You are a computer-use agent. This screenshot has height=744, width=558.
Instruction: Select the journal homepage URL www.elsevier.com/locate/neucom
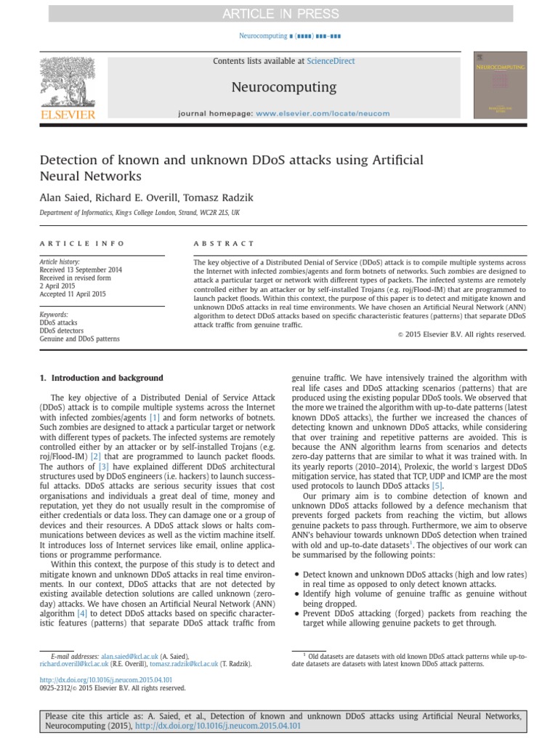323,113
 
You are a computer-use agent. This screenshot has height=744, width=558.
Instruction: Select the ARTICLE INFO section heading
82,243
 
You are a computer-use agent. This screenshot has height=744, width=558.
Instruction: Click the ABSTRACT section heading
224,243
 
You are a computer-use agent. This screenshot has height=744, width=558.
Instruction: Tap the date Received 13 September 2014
81,270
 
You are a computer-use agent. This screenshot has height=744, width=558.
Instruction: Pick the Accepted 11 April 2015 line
73,294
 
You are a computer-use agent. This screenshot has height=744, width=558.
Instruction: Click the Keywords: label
54,314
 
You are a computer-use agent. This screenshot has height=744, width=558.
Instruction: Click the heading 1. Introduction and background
101,378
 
